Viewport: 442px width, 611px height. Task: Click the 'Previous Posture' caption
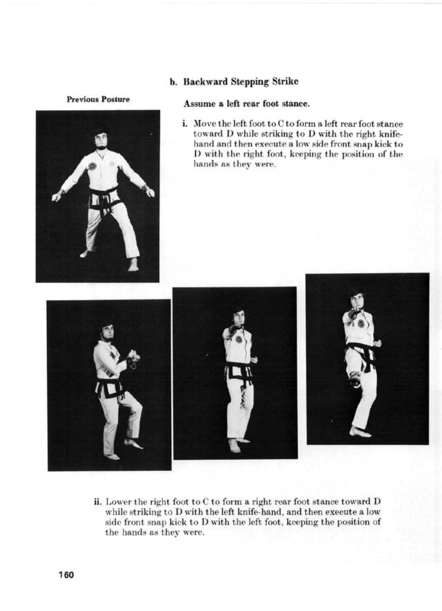tap(98, 99)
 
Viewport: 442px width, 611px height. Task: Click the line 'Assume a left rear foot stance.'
tap(246, 104)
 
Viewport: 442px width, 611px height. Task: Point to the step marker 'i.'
tap(184, 124)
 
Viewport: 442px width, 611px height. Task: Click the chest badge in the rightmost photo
tap(361, 323)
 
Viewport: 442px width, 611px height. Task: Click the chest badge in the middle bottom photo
tap(239, 339)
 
